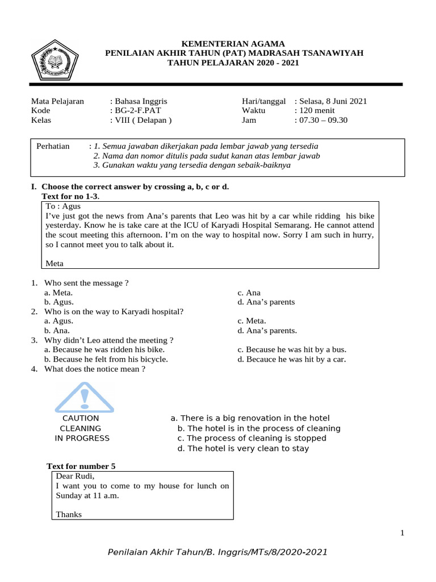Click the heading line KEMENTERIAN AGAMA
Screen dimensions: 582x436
pos(234,44)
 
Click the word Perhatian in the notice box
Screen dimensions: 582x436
pos(53,146)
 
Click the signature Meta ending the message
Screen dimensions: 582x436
pos(54,263)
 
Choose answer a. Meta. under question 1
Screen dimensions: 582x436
pos(58,293)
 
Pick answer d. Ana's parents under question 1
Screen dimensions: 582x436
pos(266,302)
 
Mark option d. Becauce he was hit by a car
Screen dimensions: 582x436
pos(292,359)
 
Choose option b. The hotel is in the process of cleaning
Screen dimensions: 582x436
pos(259,428)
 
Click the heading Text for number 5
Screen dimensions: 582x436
pos(81,466)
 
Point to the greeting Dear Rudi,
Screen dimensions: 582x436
pos(75,476)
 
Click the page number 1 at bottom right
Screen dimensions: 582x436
pos(402,533)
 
